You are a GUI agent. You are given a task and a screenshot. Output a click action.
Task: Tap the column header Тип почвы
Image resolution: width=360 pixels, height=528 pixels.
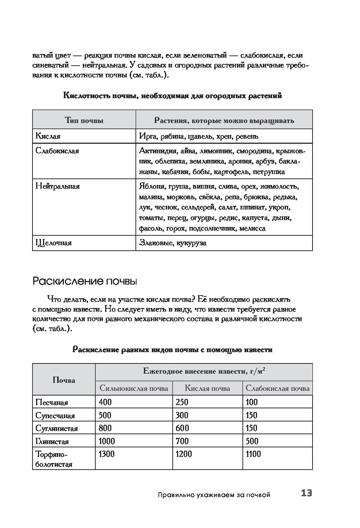pos(84,120)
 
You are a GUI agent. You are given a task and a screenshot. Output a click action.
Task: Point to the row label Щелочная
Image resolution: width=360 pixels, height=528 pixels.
pos(54,243)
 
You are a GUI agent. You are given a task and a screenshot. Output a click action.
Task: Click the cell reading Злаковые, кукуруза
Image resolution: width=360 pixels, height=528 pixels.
pos(173,243)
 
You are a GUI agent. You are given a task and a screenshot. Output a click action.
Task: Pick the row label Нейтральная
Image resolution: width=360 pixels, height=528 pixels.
pos(58,186)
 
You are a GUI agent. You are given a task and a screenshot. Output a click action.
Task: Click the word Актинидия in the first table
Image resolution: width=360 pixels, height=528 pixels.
pos(156,151)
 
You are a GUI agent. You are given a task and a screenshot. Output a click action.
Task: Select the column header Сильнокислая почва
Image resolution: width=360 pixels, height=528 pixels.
pos(134,388)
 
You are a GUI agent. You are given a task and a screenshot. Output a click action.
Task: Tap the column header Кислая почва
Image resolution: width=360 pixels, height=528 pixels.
pos(207,388)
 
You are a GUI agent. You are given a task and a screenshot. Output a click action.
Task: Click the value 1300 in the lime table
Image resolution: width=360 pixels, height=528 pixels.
pos(107,454)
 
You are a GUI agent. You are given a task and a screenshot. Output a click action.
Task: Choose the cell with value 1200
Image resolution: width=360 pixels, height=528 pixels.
pos(184,454)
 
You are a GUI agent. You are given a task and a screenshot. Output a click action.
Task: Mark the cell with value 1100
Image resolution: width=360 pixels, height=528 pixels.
pos(254,454)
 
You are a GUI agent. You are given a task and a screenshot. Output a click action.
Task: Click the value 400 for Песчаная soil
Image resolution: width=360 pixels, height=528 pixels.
pos(105,402)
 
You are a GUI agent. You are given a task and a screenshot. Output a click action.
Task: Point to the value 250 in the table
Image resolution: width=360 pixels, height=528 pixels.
pos(182,402)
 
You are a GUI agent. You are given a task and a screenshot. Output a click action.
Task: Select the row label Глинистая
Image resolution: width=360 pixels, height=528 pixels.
pos(52,442)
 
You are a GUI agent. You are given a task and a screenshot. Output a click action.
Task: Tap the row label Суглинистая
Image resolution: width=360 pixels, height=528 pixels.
pos(57,428)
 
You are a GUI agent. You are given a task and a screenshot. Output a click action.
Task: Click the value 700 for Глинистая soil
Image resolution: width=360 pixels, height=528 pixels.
pos(182,441)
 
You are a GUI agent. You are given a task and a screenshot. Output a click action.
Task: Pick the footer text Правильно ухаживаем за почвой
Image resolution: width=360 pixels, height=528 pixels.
pos(214,495)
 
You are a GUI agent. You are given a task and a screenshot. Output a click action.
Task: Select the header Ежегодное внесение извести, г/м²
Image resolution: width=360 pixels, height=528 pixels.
pos(204,372)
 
